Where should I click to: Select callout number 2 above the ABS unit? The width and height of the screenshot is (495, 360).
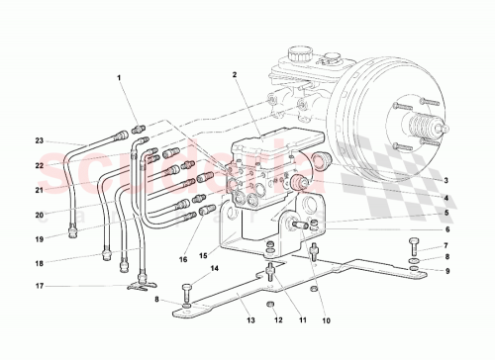235,74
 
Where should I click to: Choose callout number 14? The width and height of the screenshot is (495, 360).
214,268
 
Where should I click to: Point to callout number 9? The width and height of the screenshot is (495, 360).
445,271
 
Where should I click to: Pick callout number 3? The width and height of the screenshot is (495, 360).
445,180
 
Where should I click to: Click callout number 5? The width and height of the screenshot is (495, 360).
445,212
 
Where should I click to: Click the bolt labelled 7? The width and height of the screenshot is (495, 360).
415,243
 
